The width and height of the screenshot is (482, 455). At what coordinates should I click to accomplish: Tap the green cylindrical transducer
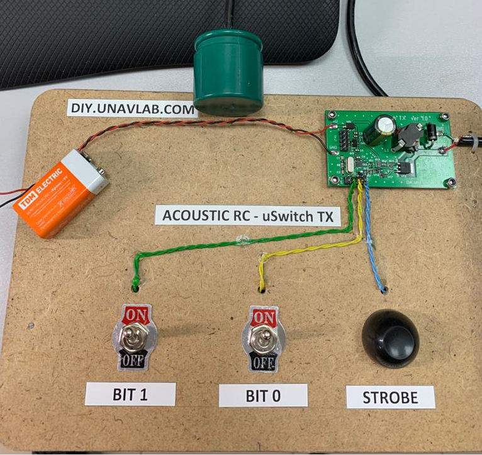click(x=227, y=70)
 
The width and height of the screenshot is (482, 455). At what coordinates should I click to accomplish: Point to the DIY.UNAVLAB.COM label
click(x=132, y=108)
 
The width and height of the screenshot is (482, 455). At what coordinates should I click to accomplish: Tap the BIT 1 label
click(x=130, y=395)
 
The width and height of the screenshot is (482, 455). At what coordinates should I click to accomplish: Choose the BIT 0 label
click(x=263, y=396)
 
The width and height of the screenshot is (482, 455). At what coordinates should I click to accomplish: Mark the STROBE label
click(x=390, y=397)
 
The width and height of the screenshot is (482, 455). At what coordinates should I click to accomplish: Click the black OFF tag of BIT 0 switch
click(x=263, y=363)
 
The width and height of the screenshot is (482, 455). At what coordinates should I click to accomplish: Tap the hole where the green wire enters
click(x=135, y=288)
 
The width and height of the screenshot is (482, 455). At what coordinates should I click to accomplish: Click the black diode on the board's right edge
click(x=434, y=133)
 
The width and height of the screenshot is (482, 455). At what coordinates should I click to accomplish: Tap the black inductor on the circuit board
click(x=408, y=135)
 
